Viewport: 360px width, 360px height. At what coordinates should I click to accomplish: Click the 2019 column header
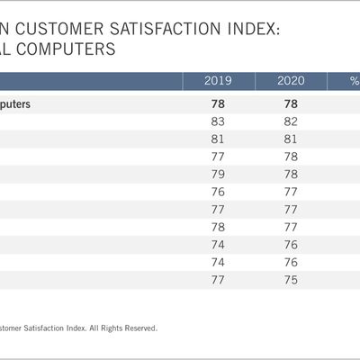tap(217, 82)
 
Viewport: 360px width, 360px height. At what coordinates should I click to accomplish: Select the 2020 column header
tap(290, 82)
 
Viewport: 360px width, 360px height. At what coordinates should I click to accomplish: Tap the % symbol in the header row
tap(354, 82)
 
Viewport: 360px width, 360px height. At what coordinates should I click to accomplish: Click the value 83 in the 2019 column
tap(217, 121)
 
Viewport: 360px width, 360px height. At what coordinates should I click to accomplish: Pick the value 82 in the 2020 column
tap(290, 121)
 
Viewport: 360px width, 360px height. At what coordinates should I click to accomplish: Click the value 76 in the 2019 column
tap(217, 192)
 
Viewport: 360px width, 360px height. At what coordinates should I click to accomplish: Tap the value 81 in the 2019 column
tap(217, 139)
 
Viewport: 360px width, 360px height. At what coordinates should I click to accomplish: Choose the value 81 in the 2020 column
tap(290, 139)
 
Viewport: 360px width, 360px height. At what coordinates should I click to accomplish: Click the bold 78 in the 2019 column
tap(217, 103)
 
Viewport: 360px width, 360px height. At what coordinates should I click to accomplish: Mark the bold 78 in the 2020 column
tap(290, 103)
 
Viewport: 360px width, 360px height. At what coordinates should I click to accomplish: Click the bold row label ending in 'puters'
tap(15, 103)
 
